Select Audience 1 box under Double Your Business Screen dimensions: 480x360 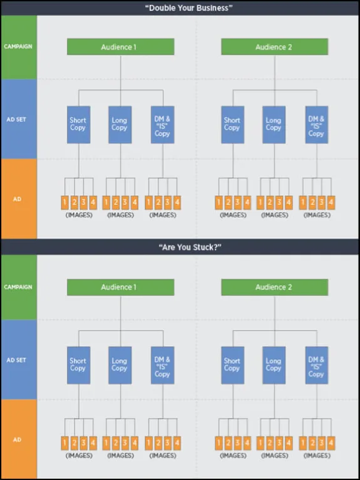point(120,47)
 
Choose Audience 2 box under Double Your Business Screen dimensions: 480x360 point(274,47)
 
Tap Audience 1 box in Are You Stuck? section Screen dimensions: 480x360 point(120,287)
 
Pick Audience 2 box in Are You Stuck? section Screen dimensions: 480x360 point(274,287)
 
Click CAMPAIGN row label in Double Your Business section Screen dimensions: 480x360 point(18,46)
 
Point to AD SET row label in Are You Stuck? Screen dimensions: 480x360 point(18,360)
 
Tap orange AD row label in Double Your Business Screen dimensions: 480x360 point(18,199)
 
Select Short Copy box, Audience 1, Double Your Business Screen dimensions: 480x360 point(78,124)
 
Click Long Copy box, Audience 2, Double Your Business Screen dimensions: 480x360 point(274,124)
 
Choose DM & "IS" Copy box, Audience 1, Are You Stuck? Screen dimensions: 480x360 point(162,365)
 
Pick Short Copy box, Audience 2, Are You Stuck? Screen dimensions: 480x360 point(232,365)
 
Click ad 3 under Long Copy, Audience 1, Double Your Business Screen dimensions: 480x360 point(125,202)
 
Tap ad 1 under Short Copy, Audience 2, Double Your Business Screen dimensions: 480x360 point(219,202)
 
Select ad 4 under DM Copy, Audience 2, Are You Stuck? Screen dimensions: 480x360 point(331,442)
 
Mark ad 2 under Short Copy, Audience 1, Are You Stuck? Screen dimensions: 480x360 point(74,442)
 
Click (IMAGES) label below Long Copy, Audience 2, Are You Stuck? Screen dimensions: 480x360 point(274,456)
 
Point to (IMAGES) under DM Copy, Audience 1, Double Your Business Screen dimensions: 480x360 point(163,215)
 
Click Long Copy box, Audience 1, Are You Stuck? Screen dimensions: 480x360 point(120,365)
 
